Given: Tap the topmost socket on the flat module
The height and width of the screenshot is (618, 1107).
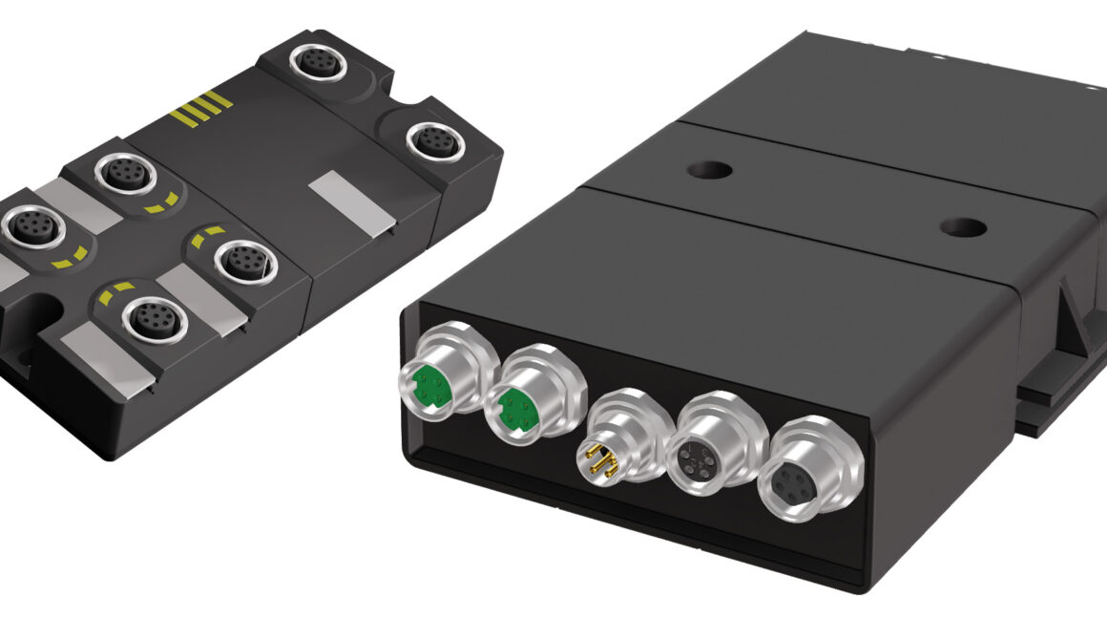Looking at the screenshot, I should [315, 63].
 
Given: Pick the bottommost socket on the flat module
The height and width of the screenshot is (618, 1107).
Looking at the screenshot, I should [150, 323].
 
